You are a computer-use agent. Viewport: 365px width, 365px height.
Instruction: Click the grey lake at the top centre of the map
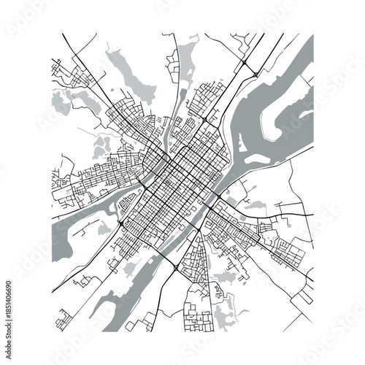[x=185, y=55]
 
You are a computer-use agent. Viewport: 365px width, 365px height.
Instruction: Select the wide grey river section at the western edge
[x=62, y=234]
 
